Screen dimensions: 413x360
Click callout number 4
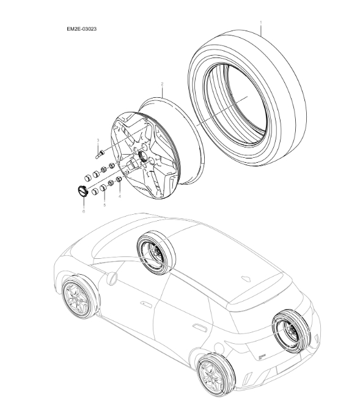click(120, 196)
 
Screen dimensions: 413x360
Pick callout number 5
click(104, 204)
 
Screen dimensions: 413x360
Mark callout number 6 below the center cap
click(83, 211)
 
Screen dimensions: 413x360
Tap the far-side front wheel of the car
click(156, 253)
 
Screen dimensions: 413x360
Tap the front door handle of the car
click(145, 304)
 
